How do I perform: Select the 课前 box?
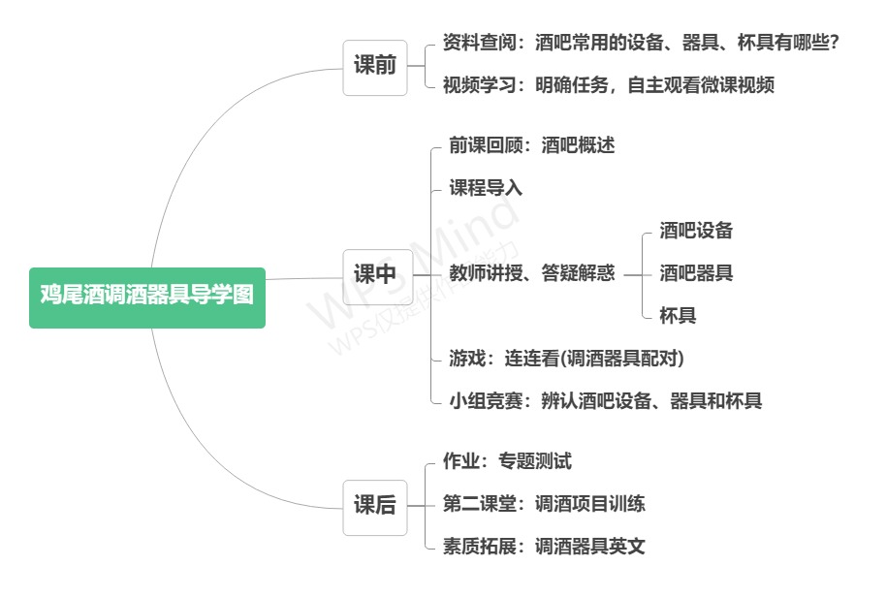[375, 67]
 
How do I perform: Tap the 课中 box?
[375, 274]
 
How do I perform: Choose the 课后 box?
[375, 505]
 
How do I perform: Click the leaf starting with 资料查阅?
[640, 44]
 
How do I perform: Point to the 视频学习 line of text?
[609, 85]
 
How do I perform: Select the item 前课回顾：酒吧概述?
[532, 145]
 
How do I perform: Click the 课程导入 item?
[486, 188]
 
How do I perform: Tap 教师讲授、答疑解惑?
[532, 273]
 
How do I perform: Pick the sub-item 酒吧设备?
[696, 231]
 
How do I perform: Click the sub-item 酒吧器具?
[696, 273]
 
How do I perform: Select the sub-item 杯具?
[678, 316]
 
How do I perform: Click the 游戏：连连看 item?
[567, 359]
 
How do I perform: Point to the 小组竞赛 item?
[606, 401]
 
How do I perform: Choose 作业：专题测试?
[507, 461]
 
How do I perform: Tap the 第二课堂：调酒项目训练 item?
[544, 504]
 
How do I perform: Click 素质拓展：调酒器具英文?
[544, 547]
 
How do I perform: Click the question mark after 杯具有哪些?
[833, 44]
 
